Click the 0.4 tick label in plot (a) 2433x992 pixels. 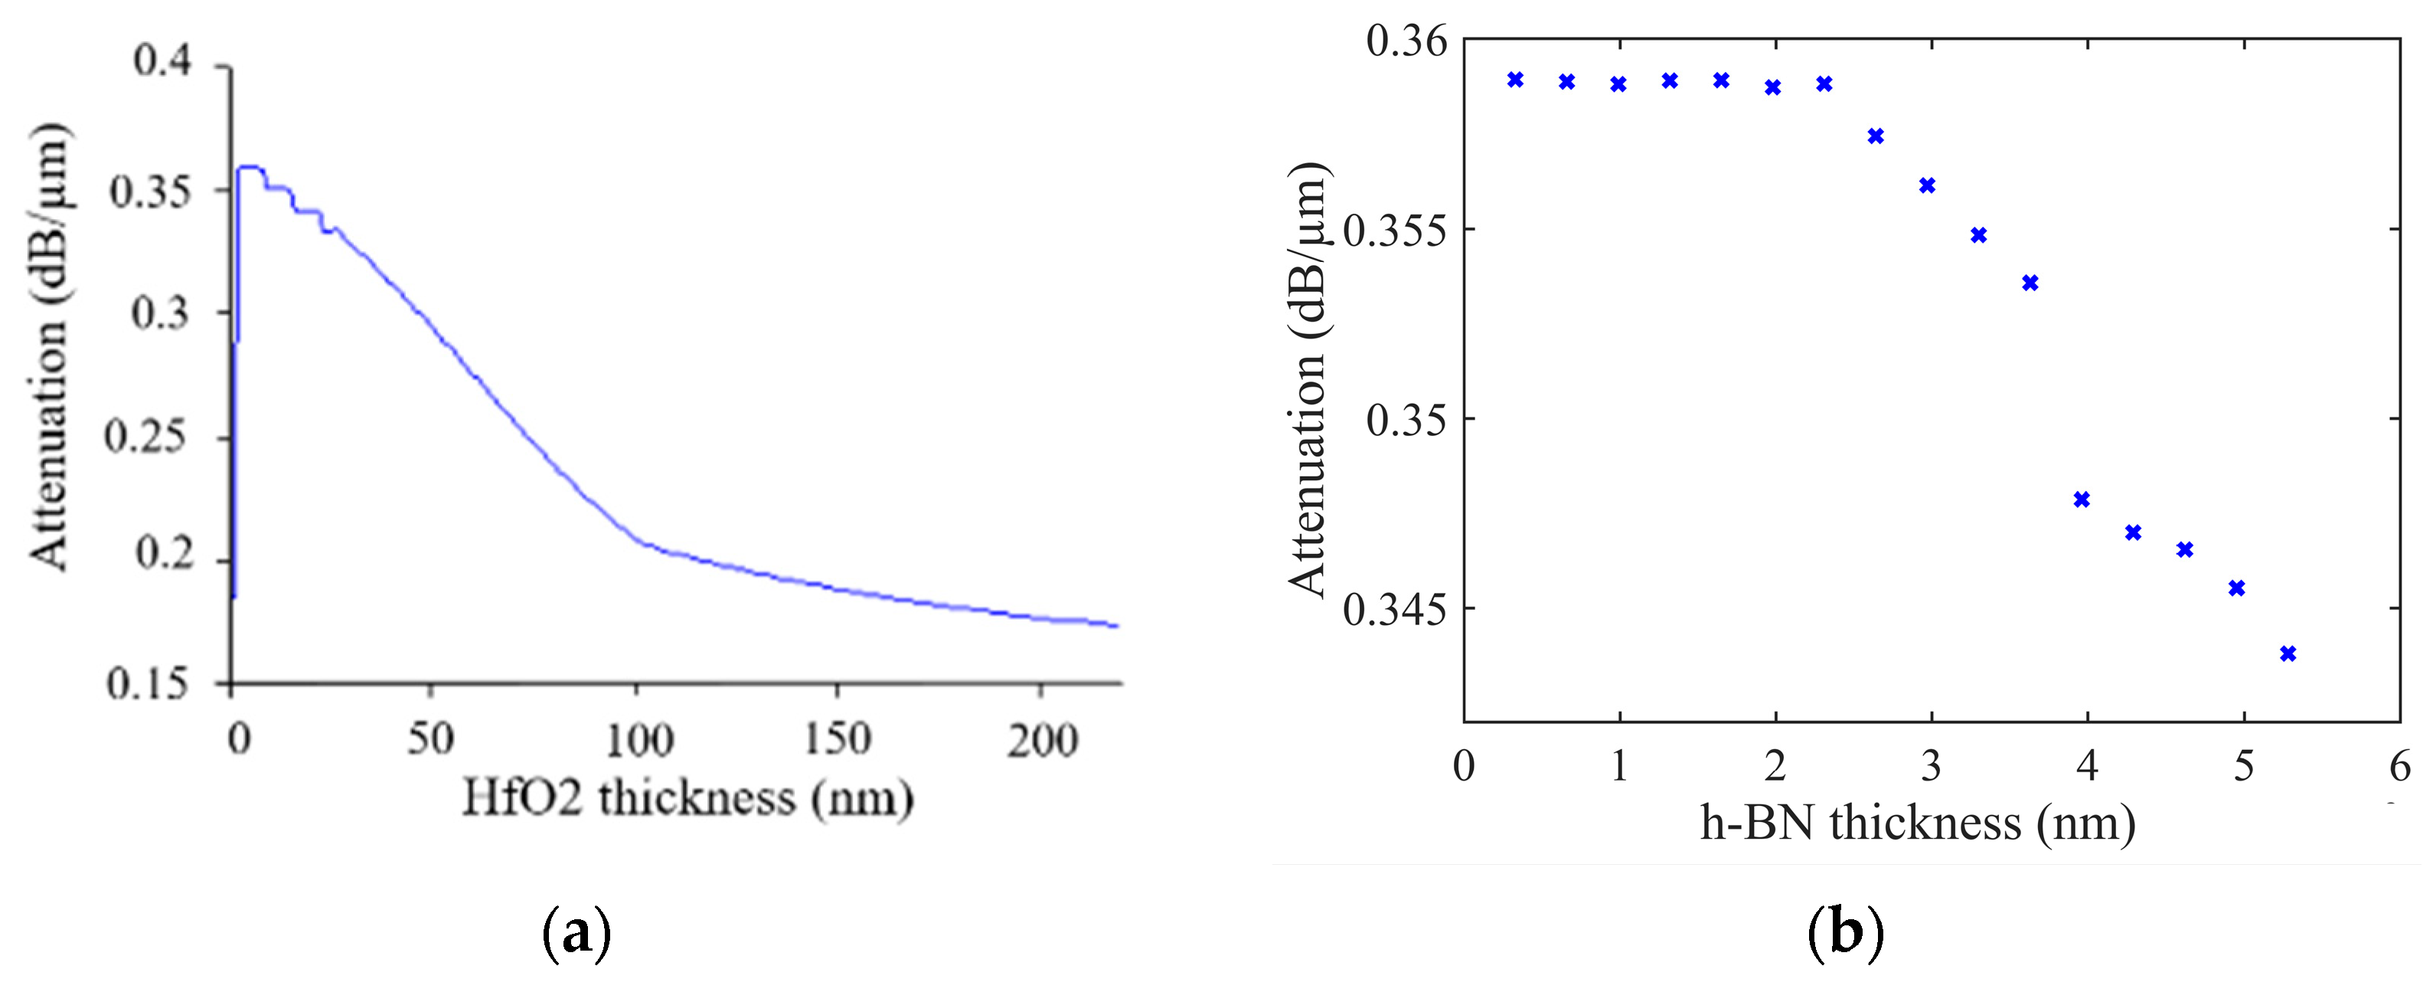[x=162, y=61]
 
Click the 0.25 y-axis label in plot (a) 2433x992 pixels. [x=145, y=437]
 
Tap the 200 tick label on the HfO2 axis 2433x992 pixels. [x=1042, y=741]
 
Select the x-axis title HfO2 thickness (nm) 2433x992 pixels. [x=687, y=798]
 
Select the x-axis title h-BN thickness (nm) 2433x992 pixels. [x=1917, y=823]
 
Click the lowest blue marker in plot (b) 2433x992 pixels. [x=2288, y=653]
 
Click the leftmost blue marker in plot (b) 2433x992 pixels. [x=1516, y=80]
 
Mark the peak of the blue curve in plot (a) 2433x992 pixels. [x=250, y=167]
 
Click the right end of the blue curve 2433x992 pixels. [x=1116, y=625]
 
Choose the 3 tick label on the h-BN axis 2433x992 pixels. [x=1932, y=766]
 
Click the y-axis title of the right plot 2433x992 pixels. [x=1309, y=378]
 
